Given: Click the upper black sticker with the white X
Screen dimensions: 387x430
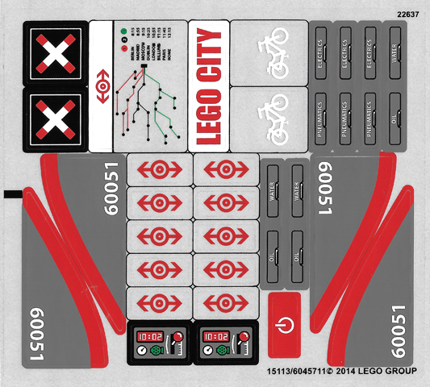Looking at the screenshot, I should tap(55, 54).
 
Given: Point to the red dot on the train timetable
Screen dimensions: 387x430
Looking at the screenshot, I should tap(123, 48).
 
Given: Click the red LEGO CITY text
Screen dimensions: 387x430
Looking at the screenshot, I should tap(208, 86).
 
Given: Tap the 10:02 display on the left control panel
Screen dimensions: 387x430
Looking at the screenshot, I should tap(149, 335).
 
